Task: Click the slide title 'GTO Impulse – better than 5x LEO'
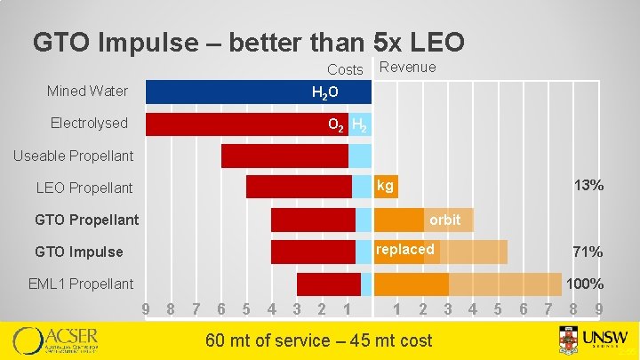point(248,42)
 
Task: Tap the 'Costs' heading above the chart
point(345,69)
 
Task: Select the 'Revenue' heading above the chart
point(407,68)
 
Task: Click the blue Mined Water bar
point(240,92)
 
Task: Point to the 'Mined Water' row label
point(87,91)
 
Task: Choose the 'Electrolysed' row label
point(89,123)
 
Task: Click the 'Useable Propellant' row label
point(73,156)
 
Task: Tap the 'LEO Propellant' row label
point(84,188)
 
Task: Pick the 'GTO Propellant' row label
point(86,220)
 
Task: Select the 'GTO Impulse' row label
point(79,252)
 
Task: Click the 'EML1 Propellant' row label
point(81,284)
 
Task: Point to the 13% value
point(588,186)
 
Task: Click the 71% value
point(588,252)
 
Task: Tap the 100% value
point(585,284)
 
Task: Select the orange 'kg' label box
point(386,186)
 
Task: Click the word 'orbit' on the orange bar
point(444,220)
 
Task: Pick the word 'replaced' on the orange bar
point(405,250)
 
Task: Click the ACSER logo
point(55,340)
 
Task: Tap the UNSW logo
point(594,340)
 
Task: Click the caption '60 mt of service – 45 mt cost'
point(318,340)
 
